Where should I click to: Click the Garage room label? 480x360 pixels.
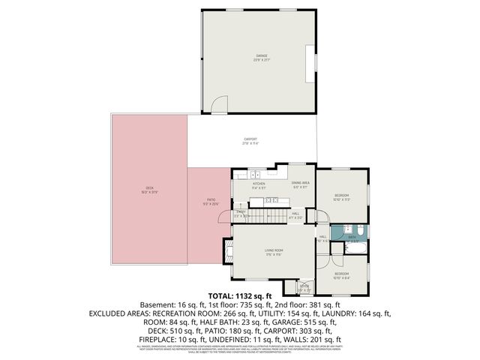click(x=260, y=55)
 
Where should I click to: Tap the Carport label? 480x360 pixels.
click(x=250, y=139)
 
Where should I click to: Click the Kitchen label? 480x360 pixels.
click(x=259, y=184)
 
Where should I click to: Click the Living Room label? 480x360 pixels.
click(x=272, y=250)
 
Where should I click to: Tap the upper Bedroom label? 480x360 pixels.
click(x=341, y=196)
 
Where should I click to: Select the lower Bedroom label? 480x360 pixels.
click(x=341, y=274)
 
